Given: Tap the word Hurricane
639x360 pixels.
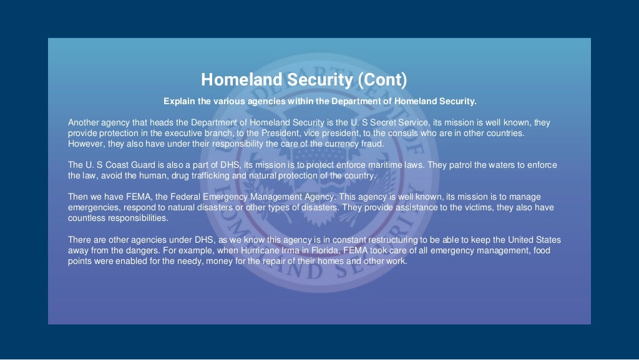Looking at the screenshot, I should (x=304, y=251).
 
